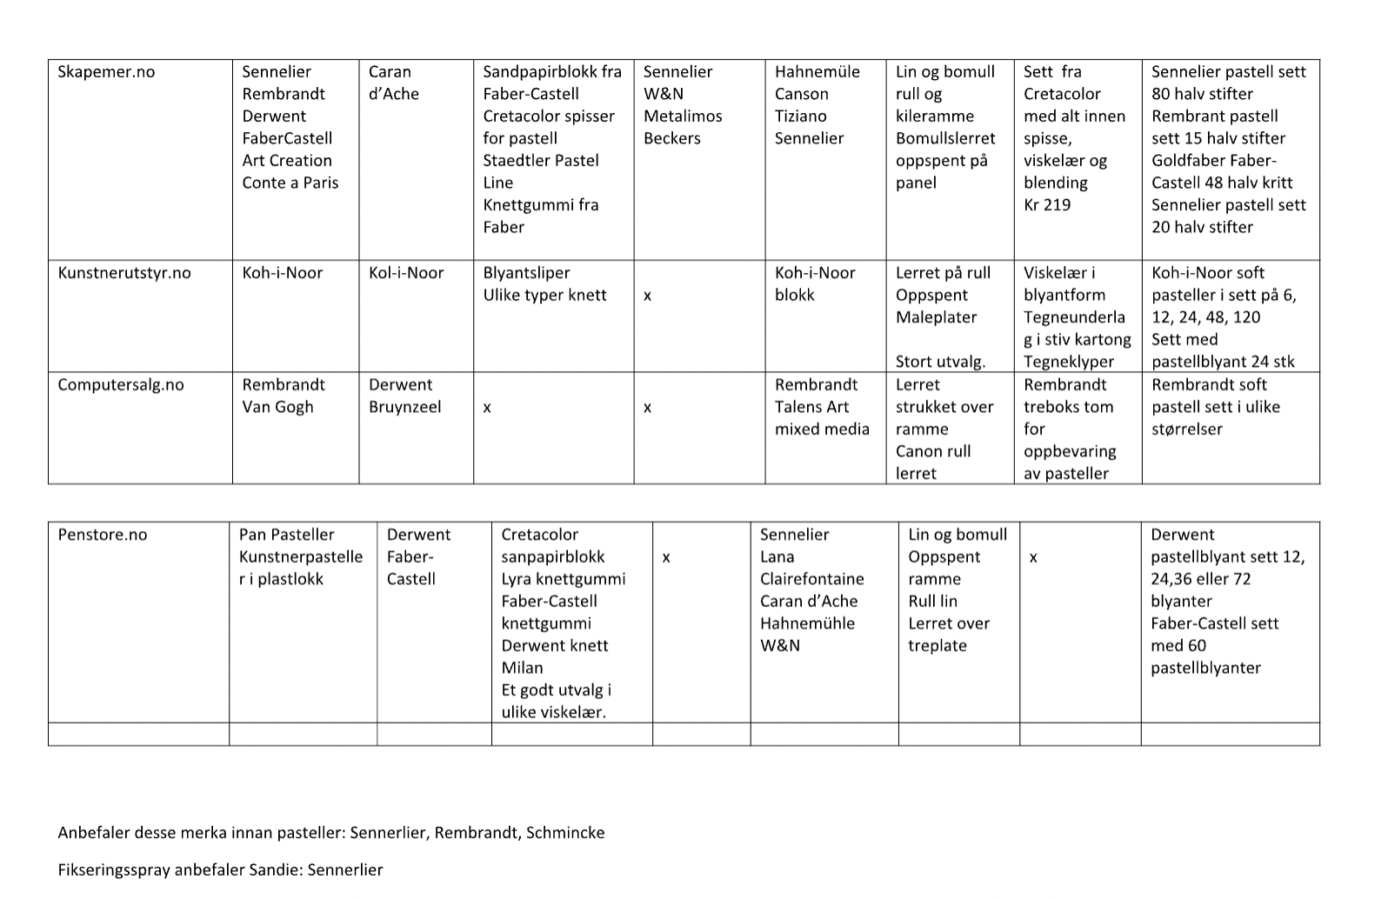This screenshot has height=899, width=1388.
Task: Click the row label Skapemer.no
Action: [x=106, y=72]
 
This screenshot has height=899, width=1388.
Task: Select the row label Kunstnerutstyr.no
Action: [x=124, y=273]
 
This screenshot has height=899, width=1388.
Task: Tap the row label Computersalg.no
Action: [x=121, y=385]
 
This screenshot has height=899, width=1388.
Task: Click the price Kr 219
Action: [x=1047, y=205]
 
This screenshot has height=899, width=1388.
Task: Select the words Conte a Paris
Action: [x=290, y=183]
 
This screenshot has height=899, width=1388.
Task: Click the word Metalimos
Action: [x=683, y=117]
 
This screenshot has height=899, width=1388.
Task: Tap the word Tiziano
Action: [x=801, y=117]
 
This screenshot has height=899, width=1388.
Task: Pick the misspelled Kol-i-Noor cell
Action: [x=406, y=273]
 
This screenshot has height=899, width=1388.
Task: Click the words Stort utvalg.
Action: [x=941, y=362]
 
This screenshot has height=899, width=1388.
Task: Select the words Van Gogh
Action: [x=277, y=407]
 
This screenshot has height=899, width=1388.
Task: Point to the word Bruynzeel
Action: [x=404, y=407]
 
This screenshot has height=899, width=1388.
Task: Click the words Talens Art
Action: [x=812, y=407]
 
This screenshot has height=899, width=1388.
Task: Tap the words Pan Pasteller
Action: [x=287, y=535]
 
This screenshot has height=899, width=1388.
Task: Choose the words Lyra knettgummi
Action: [x=564, y=579]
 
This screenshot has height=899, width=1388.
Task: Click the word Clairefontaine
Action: [x=812, y=579]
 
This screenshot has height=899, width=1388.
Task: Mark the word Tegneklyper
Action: [x=1069, y=362]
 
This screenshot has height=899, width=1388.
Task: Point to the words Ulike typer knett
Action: [x=545, y=295]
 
